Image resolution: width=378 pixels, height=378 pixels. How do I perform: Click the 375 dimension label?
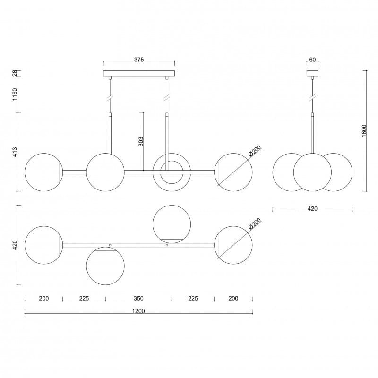click(139, 60)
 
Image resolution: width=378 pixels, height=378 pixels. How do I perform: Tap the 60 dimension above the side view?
click(312, 60)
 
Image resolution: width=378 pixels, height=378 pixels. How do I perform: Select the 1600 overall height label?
click(364, 131)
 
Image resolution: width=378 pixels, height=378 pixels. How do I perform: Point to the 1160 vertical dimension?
click(15, 94)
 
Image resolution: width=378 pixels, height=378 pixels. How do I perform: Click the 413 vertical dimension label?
click(15, 152)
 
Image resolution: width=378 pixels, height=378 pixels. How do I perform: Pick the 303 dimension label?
click(141, 141)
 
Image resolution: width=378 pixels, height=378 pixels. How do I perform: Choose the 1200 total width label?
click(138, 311)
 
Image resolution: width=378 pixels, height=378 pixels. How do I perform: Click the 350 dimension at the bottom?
click(138, 299)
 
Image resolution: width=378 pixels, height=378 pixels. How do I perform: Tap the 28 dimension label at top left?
click(15, 73)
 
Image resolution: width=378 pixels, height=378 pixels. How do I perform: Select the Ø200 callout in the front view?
click(255, 151)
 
